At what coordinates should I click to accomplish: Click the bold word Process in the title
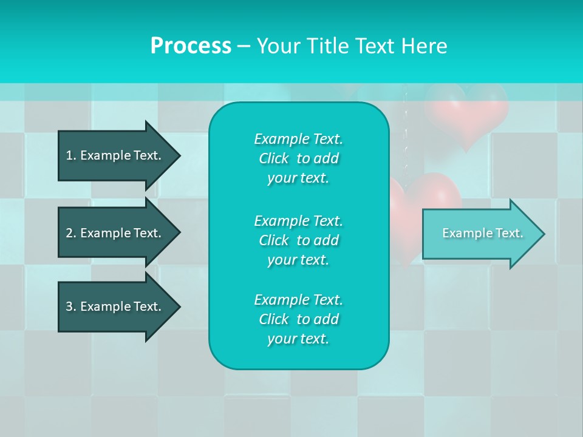191,46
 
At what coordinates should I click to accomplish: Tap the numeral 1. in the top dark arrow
71,155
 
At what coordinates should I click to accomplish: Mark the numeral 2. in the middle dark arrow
71,233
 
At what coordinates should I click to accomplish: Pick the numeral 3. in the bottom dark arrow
71,307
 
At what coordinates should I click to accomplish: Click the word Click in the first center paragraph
274,158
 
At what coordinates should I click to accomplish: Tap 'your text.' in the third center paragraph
298,339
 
